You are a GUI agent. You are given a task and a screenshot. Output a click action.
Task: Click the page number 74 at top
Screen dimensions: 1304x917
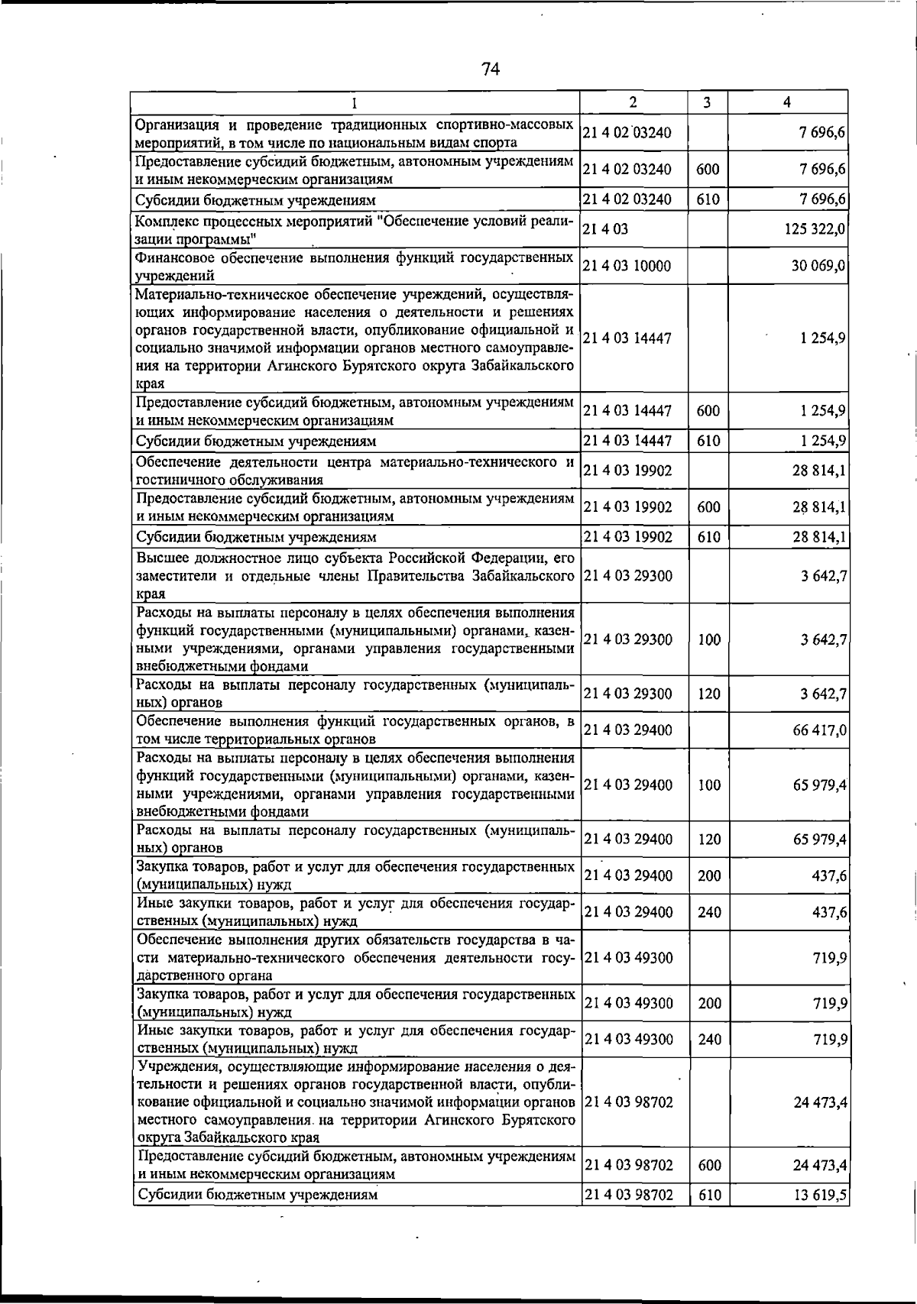pyautogui.click(x=491, y=69)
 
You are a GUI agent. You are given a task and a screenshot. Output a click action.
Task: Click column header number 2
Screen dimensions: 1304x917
pyautogui.click(x=633, y=102)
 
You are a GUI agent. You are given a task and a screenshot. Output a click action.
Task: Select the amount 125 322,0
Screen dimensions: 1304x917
pyautogui.click(x=814, y=229)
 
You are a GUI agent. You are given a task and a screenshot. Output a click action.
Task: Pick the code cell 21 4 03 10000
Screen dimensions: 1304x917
pyautogui.click(x=627, y=266)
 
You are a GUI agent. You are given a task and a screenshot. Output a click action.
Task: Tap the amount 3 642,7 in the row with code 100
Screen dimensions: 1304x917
pyautogui.click(x=823, y=639)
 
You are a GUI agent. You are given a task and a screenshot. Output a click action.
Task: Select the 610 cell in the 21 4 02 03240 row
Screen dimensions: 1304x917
pyautogui.click(x=708, y=200)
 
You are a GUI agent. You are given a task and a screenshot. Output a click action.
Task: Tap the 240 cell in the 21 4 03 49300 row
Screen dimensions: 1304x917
pyautogui.click(x=709, y=1040)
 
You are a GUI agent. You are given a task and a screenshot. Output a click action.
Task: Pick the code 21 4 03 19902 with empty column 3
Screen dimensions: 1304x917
pyautogui.click(x=627, y=471)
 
